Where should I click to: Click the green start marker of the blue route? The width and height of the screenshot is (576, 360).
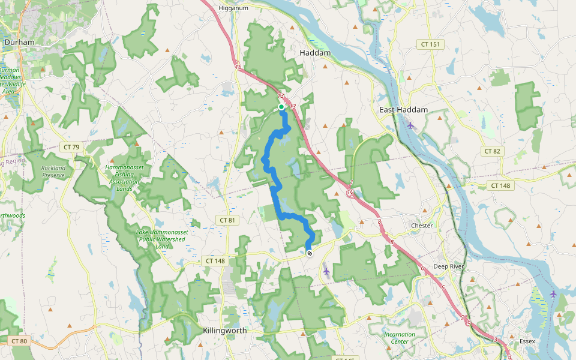click(x=281, y=107)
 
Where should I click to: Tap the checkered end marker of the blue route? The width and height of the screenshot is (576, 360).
click(x=310, y=253)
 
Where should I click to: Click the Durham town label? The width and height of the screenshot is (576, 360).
click(x=19, y=43)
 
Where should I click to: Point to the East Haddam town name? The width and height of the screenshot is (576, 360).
click(x=403, y=110)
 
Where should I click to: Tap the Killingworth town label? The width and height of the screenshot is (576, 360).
click(x=224, y=331)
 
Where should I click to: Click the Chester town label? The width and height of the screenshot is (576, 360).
click(x=422, y=226)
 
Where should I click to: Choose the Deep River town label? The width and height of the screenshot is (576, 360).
click(x=449, y=266)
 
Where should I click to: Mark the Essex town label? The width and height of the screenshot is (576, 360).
click(x=527, y=341)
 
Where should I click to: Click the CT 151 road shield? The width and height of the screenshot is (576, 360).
click(x=430, y=44)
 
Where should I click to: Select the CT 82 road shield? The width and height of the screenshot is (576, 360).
click(x=491, y=151)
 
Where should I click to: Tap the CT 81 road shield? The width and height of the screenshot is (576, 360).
click(x=227, y=220)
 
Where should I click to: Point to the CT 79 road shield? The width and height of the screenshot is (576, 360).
click(x=71, y=147)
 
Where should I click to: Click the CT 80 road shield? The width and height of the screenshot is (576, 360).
click(x=19, y=341)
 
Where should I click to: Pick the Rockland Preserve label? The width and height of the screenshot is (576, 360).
click(x=53, y=172)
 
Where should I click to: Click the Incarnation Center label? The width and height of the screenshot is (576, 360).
click(x=400, y=338)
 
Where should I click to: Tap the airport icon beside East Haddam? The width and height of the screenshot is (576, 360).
click(x=410, y=125)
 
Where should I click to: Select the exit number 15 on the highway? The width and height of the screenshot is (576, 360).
click(x=238, y=67)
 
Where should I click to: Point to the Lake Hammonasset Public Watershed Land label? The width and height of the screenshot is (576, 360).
click(x=160, y=239)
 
